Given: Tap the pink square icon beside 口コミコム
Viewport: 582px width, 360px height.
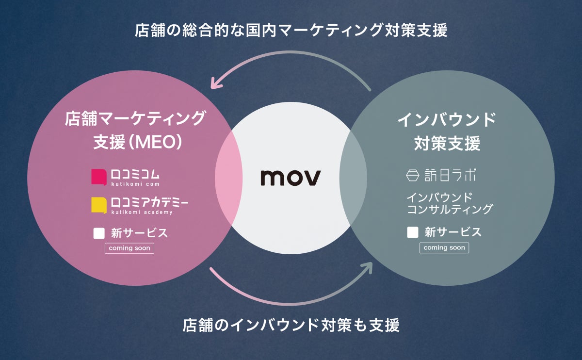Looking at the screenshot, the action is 98,176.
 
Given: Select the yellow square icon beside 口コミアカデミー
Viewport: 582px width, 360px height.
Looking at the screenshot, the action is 98,205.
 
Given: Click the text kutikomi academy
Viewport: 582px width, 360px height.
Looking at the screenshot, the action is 142,212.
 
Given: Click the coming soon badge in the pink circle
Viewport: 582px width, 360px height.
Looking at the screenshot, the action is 129,248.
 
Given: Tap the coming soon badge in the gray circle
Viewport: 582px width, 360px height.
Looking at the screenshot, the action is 444,247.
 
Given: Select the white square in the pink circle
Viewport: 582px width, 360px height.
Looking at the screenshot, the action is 99,233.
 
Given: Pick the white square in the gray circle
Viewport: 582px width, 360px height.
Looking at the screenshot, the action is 413,232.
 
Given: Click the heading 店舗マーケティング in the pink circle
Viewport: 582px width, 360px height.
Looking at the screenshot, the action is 135,118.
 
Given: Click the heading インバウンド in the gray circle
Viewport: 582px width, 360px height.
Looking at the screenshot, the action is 447,119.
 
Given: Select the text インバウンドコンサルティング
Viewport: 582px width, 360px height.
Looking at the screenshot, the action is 449,203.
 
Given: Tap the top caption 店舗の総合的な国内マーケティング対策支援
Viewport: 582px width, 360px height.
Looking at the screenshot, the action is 291,30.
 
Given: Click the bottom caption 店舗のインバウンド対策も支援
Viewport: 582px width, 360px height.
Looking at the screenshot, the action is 291,325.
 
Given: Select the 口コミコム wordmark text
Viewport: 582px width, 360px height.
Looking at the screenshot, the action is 135,174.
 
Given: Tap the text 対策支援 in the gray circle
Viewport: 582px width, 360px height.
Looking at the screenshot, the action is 447,144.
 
